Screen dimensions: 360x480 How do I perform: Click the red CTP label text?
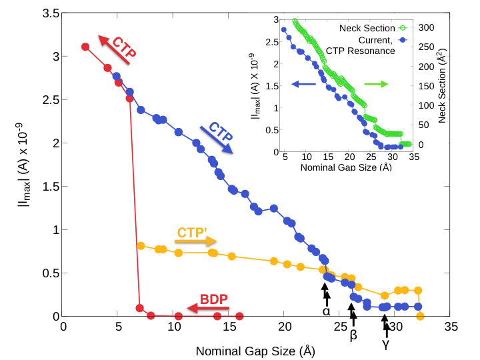(x=124, y=48)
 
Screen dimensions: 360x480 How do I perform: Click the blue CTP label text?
(x=221, y=131)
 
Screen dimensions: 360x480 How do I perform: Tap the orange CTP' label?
(x=191, y=233)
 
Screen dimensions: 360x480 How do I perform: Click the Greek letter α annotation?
(x=326, y=311)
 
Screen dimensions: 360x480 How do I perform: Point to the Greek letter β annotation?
(x=353, y=335)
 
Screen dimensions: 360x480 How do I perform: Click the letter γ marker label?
(x=385, y=345)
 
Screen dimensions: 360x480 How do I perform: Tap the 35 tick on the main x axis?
(x=451, y=327)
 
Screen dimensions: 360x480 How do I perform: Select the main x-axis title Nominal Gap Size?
(x=255, y=350)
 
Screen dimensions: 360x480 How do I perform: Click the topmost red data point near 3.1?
(x=85, y=47)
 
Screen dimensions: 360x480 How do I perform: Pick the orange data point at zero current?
(x=420, y=316)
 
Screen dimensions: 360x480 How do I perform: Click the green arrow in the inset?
(x=376, y=84)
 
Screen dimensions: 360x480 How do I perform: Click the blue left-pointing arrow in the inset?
(x=304, y=84)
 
